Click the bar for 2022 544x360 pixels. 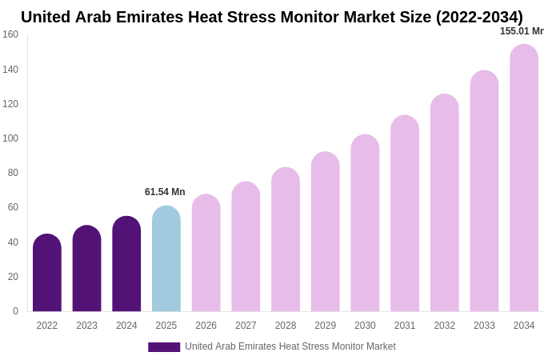pos(47,273)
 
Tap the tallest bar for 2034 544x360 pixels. pos(524,178)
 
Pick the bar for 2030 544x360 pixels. pos(365,223)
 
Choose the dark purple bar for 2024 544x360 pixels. pos(126,264)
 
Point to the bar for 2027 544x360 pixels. pos(246,246)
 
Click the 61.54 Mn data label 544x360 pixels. pos(165,192)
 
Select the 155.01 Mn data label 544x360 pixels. pos(522,31)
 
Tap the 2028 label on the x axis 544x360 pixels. pos(286,326)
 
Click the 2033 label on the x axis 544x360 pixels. pos(484,326)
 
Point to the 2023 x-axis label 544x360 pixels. pos(86,326)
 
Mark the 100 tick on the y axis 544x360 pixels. pos(10,138)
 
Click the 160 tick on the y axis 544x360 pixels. pos(10,34)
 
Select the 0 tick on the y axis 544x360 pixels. pos(15,311)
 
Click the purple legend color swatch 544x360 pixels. pos(164,347)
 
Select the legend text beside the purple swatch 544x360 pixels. pos(290,346)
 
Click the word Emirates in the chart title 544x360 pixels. pos(164,17)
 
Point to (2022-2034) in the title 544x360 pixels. pos(479,17)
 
